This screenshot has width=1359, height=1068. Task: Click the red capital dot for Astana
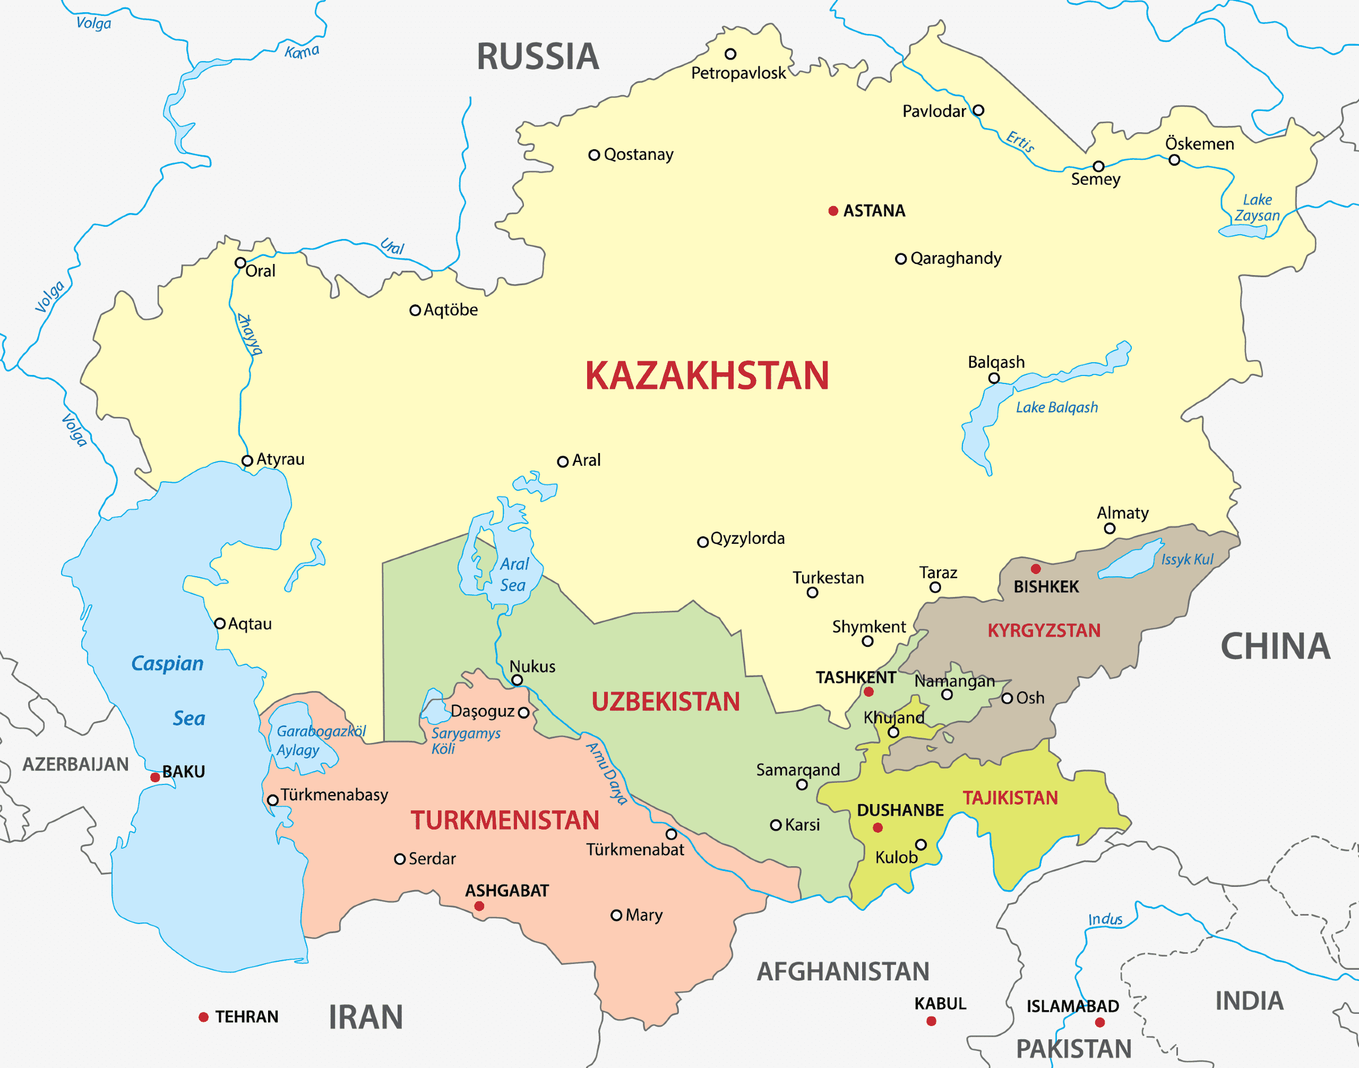tap(833, 211)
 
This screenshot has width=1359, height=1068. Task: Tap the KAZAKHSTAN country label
tap(707, 376)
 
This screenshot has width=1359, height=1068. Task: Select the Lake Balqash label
tap(1056, 408)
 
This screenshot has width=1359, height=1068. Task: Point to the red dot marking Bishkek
tap(1036, 568)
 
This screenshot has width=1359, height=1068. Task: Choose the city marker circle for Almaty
tap(1109, 528)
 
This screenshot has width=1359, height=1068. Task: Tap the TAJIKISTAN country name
tap(1010, 798)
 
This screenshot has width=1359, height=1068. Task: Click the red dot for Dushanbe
tap(878, 827)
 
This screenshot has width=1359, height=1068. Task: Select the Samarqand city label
tap(798, 770)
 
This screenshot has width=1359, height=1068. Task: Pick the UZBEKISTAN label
tap(665, 702)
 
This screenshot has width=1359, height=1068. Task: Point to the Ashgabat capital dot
tap(479, 906)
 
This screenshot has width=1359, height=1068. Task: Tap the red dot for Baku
tap(155, 777)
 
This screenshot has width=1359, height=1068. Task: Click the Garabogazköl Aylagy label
tap(320, 740)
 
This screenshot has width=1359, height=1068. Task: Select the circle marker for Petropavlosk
tap(730, 54)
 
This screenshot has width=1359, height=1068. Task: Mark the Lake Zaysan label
tap(1257, 208)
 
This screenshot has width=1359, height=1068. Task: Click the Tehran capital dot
tap(203, 1018)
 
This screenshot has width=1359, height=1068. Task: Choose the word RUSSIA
tap(538, 56)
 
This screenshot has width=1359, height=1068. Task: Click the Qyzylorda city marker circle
tap(703, 542)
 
